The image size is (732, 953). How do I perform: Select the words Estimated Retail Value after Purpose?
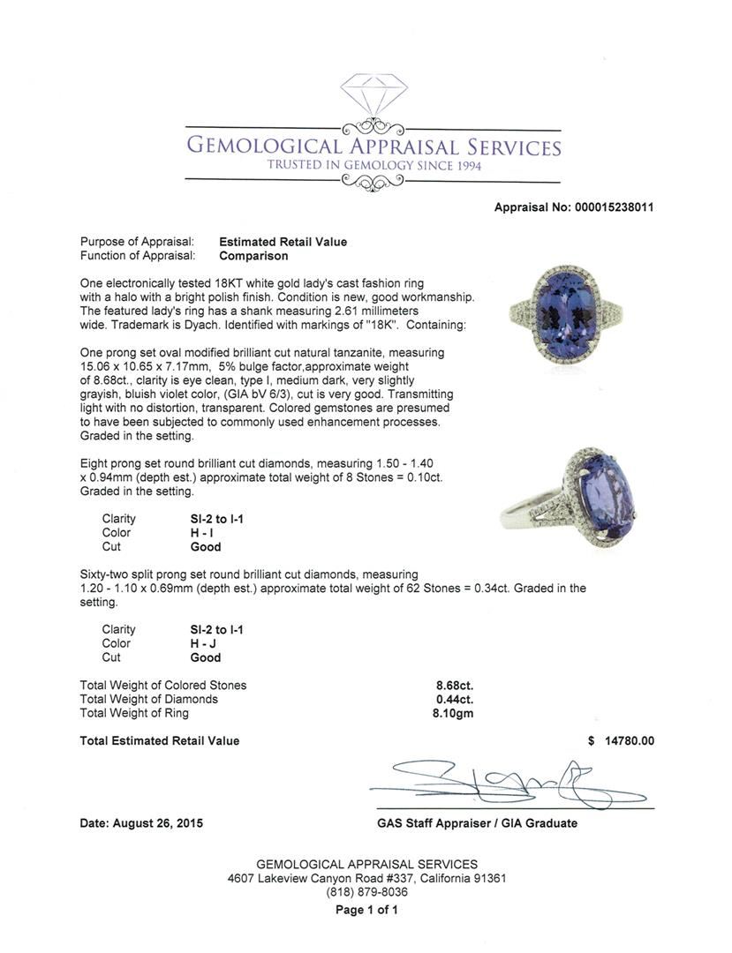click(x=283, y=242)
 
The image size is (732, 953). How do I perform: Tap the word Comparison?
click(x=253, y=256)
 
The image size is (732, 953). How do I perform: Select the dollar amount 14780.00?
click(x=629, y=741)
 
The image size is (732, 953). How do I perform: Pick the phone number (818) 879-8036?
click(x=366, y=892)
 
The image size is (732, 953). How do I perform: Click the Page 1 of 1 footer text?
click(x=366, y=910)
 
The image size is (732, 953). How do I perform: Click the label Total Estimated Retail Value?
click(x=160, y=741)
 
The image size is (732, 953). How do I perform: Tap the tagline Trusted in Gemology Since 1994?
click(x=374, y=166)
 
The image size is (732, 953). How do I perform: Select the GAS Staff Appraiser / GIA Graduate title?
click(x=477, y=823)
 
